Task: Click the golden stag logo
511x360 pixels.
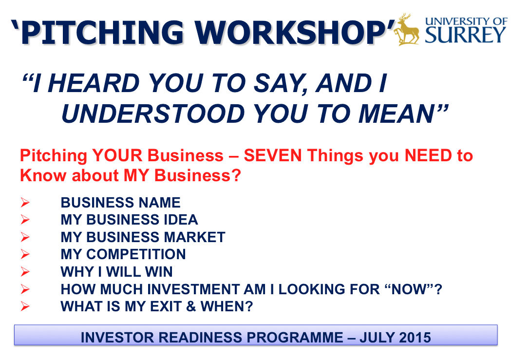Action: click(407, 29)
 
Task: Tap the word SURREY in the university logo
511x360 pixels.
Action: click(465, 35)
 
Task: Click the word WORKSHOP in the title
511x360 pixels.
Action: click(291, 33)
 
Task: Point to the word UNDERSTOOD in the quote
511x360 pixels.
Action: click(153, 114)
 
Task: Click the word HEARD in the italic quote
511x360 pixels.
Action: click(94, 83)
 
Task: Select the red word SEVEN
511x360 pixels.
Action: click(273, 155)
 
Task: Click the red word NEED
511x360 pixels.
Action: click(428, 155)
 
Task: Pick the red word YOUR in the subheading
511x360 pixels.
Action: click(117, 155)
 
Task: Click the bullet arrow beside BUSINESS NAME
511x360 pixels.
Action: click(25, 202)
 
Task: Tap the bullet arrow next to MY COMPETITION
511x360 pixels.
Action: click(25, 254)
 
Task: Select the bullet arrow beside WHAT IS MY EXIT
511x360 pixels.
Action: click(25, 306)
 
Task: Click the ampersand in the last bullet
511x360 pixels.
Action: click(191, 306)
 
